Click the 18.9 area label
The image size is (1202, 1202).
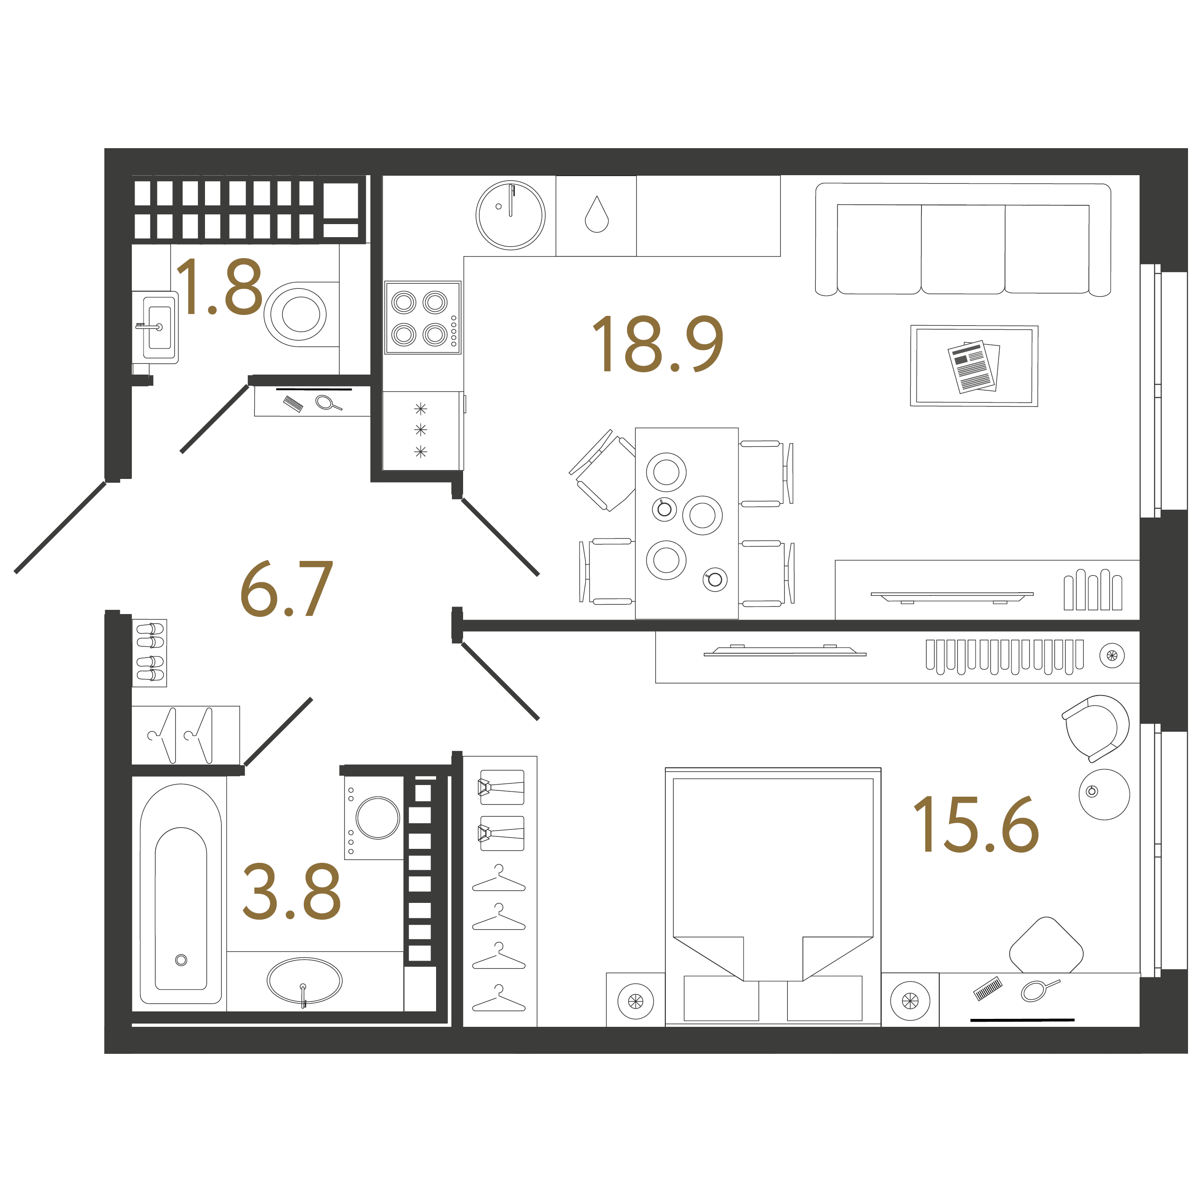coord(658,344)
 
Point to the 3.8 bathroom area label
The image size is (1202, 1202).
coord(291,892)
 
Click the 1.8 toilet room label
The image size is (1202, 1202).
coord(219,287)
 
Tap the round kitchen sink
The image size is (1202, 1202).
coord(511,215)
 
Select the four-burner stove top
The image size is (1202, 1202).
coord(423,318)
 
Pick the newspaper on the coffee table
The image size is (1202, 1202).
coord(974,367)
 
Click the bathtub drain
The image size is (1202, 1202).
coord(181,960)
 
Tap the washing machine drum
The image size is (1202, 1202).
coord(378,818)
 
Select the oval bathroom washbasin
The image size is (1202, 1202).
coord(304,981)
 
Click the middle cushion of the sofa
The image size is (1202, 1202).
coord(963,249)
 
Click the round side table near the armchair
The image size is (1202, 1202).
coord(1104,794)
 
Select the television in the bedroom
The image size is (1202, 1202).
coord(785,651)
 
